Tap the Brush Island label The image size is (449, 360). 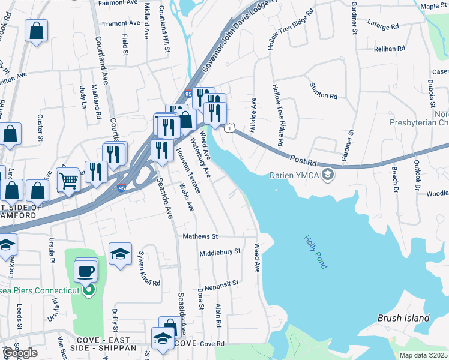coord(403,318)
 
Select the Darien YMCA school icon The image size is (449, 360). coord(328,175)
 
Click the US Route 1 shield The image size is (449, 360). coord(229,128)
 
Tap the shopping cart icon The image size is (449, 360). coord(68,179)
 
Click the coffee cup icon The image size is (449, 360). coord(85,271)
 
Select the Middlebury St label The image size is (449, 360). coord(220,252)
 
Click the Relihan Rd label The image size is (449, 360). coord(386,49)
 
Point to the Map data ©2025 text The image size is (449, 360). coord(423,355)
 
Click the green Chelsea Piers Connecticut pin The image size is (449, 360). coord(89,291)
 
